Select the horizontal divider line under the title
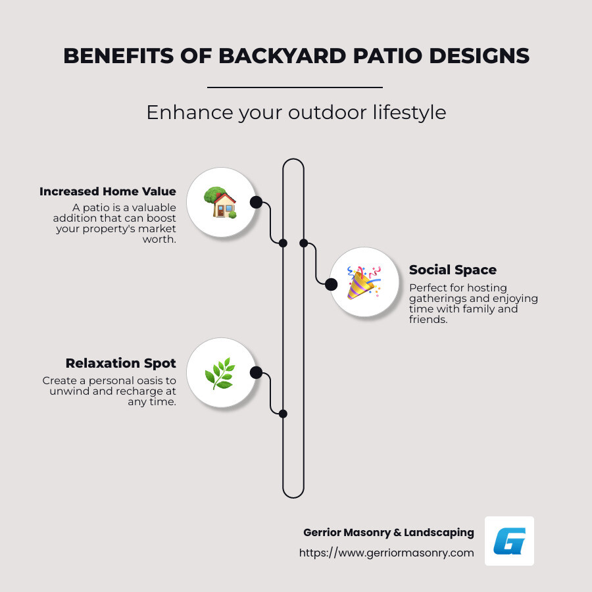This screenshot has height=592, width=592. (295, 87)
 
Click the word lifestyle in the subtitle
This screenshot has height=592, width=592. (406, 112)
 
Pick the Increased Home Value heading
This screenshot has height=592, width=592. (108, 191)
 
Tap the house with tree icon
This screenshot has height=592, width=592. (220, 202)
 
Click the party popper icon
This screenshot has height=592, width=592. (364, 282)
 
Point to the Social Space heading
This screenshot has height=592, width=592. (453, 270)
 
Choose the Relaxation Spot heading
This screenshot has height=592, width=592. (120, 363)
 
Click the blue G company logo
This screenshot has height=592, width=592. (509, 541)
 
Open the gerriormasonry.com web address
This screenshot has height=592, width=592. (387, 553)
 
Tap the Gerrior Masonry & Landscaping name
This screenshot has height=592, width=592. (389, 532)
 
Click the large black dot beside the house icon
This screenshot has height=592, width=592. (256, 202)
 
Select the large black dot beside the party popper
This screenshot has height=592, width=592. (331, 284)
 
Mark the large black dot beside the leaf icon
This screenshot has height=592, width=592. (256, 373)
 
